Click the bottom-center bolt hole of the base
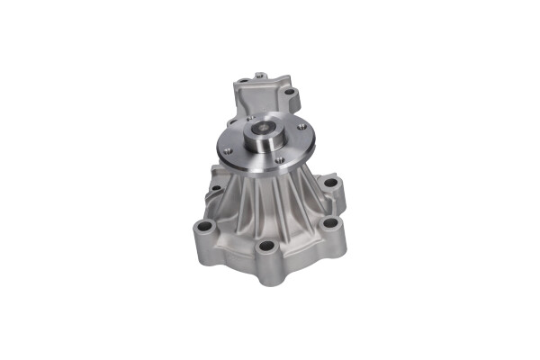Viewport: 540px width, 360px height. pyautogui.click(x=265, y=247)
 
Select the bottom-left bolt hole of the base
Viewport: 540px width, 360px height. pyautogui.click(x=205, y=227)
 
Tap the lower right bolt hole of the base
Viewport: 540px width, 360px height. pyautogui.click(x=329, y=222)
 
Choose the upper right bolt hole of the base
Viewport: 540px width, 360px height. pyautogui.click(x=330, y=183)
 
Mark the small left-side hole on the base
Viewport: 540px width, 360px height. pyautogui.click(x=216, y=188)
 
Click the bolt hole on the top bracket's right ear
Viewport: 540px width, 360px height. pyautogui.click(x=290, y=91)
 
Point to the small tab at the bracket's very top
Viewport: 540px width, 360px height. pyautogui.click(x=259, y=76)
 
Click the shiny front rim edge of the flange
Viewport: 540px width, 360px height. pyautogui.click(x=270, y=174)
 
